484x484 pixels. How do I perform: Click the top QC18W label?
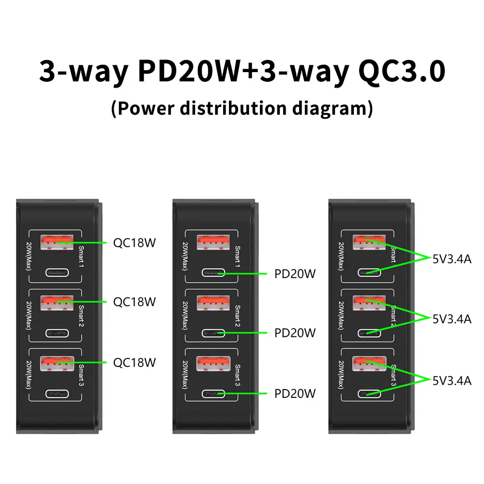[135, 242]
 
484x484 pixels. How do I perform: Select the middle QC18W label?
[135, 302]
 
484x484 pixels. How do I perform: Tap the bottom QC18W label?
[135, 362]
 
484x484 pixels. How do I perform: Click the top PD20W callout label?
[295, 274]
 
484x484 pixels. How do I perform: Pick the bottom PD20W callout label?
[295, 393]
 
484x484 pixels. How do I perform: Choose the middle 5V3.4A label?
[452, 318]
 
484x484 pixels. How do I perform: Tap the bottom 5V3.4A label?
[452, 380]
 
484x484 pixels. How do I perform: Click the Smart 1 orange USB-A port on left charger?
[57, 242]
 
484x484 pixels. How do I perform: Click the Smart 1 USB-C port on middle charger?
[213, 273]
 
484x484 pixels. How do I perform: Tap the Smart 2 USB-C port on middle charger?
[213, 333]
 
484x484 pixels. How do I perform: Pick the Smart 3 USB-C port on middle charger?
[213, 393]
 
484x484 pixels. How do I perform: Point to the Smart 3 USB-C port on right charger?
[369, 393]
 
